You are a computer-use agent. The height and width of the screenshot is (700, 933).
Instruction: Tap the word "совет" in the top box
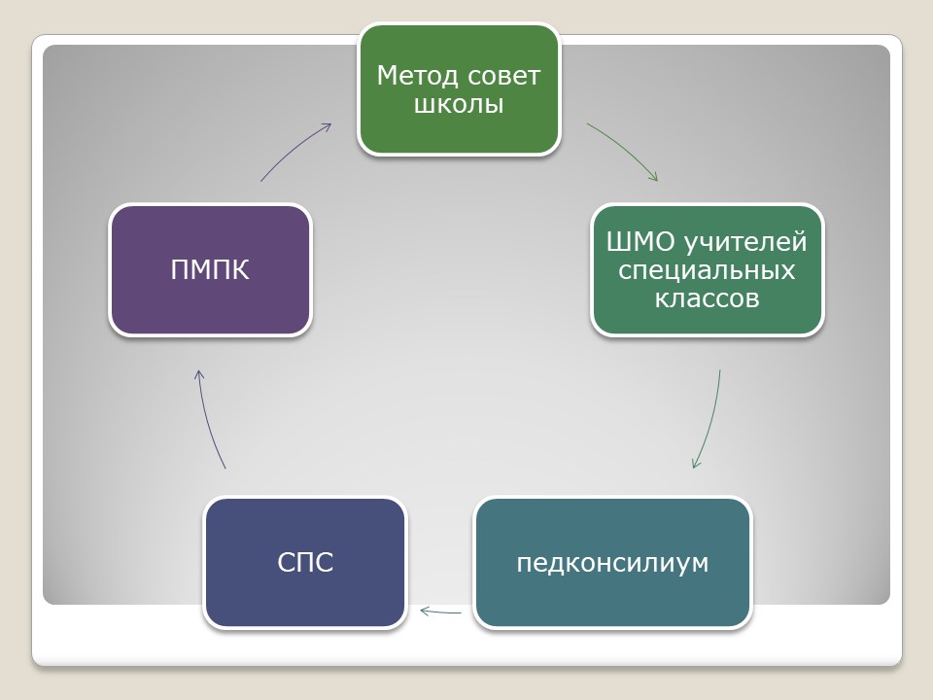(x=504, y=77)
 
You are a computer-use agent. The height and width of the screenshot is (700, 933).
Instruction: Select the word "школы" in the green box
(x=459, y=104)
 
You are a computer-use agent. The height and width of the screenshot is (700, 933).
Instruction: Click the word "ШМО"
(x=640, y=242)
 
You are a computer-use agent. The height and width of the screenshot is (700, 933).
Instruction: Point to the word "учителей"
(x=745, y=242)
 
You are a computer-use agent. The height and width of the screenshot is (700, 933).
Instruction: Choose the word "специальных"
(x=707, y=270)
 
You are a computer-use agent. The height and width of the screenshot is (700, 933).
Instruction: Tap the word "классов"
(x=707, y=298)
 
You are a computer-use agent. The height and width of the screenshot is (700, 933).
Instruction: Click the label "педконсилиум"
(x=613, y=563)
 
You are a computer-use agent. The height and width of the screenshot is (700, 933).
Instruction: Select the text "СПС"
(x=305, y=562)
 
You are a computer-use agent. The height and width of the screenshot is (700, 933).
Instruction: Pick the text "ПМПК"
(x=210, y=269)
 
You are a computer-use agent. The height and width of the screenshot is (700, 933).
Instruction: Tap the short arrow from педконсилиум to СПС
(x=440, y=612)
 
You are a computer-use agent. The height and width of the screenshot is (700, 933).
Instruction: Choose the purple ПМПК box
(x=211, y=270)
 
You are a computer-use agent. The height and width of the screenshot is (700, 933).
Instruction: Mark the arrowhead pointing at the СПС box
(x=425, y=611)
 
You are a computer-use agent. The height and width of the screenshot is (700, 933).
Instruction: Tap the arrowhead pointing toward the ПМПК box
(x=199, y=374)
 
